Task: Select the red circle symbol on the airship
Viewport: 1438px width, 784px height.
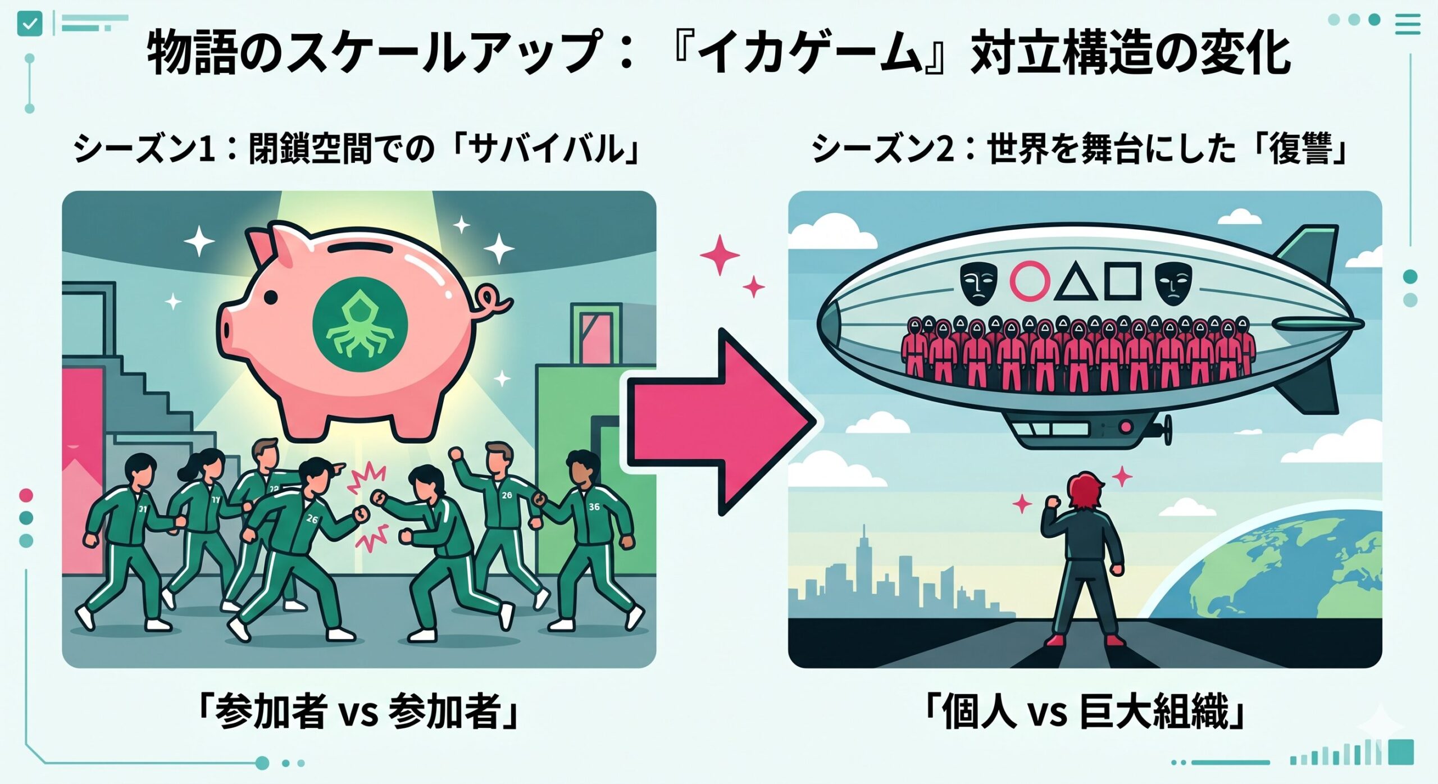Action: [x=1030, y=279]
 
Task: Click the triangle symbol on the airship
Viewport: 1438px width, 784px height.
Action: [x=1076, y=281]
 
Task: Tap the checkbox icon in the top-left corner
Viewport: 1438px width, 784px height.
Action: [x=30, y=24]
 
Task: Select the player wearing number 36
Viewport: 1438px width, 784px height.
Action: [x=589, y=539]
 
